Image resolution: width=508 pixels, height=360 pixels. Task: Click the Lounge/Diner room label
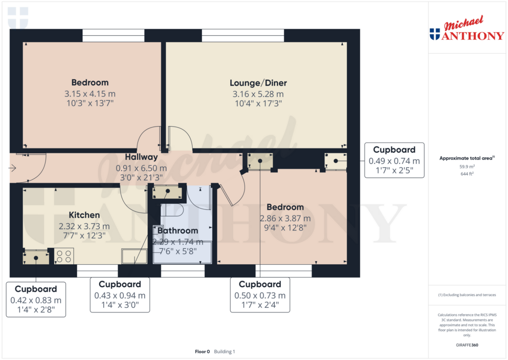[258, 83]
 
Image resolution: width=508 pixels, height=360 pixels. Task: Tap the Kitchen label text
[84, 215]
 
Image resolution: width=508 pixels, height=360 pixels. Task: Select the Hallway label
[141, 157]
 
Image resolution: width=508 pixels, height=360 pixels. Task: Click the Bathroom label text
[178, 230]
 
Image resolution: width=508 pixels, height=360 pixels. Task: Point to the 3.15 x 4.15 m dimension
[90, 94]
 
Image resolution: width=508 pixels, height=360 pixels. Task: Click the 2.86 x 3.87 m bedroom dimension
[285, 218]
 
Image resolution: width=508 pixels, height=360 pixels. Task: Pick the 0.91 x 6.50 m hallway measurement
[141, 168]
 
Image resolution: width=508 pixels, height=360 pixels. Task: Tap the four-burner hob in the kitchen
[64, 256]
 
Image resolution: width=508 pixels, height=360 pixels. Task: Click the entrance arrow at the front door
[12, 168]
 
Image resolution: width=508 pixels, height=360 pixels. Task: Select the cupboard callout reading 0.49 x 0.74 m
[394, 160]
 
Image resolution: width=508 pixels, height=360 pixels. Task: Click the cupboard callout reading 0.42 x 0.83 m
[36, 299]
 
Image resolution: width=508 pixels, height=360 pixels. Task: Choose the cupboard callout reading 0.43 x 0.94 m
[120, 295]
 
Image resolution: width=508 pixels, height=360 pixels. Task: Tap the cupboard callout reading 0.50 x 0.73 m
[260, 295]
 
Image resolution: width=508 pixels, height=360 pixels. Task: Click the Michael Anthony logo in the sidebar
[467, 28]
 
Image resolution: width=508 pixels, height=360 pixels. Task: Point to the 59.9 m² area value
[467, 167]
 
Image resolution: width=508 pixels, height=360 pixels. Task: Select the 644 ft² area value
[467, 174]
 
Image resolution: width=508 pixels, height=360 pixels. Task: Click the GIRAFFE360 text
[467, 345]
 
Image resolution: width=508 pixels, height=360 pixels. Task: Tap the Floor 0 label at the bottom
[202, 352]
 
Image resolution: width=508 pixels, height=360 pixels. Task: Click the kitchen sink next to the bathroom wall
[134, 256]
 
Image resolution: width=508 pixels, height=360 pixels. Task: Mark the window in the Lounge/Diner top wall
[243, 35]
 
